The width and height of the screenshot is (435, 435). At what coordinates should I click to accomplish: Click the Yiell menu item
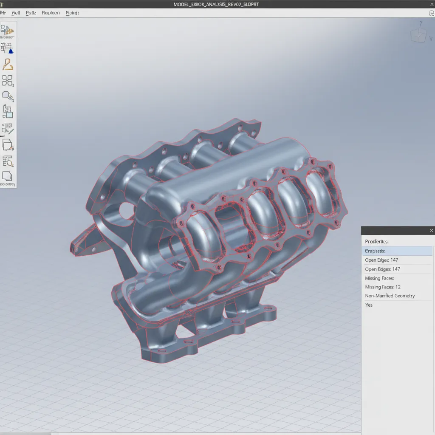pyautogui.click(x=16, y=13)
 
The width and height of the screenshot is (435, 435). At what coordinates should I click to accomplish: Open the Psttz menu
pyautogui.click(x=31, y=13)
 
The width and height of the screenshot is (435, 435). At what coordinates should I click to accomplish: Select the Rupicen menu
pyautogui.click(x=51, y=13)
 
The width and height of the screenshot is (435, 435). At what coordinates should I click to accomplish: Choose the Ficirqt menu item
pyautogui.click(x=73, y=13)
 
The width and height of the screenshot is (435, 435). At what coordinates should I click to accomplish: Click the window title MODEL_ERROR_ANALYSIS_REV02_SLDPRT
pyautogui.click(x=216, y=4)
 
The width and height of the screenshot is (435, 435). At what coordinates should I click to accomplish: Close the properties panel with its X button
pyautogui.click(x=431, y=231)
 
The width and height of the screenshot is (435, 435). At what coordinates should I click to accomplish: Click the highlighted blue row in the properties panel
pyautogui.click(x=397, y=251)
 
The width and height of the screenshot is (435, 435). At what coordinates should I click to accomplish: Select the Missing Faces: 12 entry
pyautogui.click(x=383, y=287)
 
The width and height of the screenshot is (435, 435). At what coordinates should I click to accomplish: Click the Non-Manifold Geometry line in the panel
pyautogui.click(x=390, y=296)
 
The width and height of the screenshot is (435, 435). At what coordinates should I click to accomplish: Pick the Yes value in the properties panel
pyautogui.click(x=369, y=305)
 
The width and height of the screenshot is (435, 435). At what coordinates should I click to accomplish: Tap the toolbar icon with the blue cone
pyautogui.click(x=8, y=48)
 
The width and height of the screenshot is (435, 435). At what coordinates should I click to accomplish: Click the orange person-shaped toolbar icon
pyautogui.click(x=8, y=64)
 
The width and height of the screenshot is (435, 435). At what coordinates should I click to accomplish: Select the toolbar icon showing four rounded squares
pyautogui.click(x=8, y=81)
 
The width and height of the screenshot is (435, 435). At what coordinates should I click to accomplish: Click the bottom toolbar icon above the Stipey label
pyautogui.click(x=7, y=175)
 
